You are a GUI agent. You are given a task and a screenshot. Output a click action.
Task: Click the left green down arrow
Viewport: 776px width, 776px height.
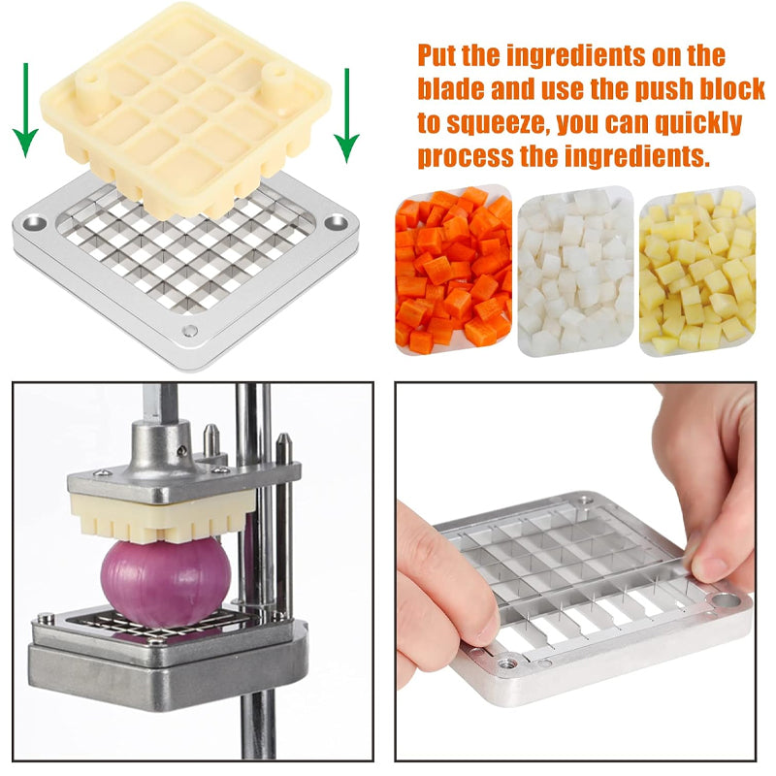pos(28,112)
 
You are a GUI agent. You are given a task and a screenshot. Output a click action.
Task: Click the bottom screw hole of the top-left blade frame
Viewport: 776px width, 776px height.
pos(191,331)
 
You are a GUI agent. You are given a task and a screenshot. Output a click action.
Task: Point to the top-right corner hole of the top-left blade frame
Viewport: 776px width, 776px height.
pos(337,222)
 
